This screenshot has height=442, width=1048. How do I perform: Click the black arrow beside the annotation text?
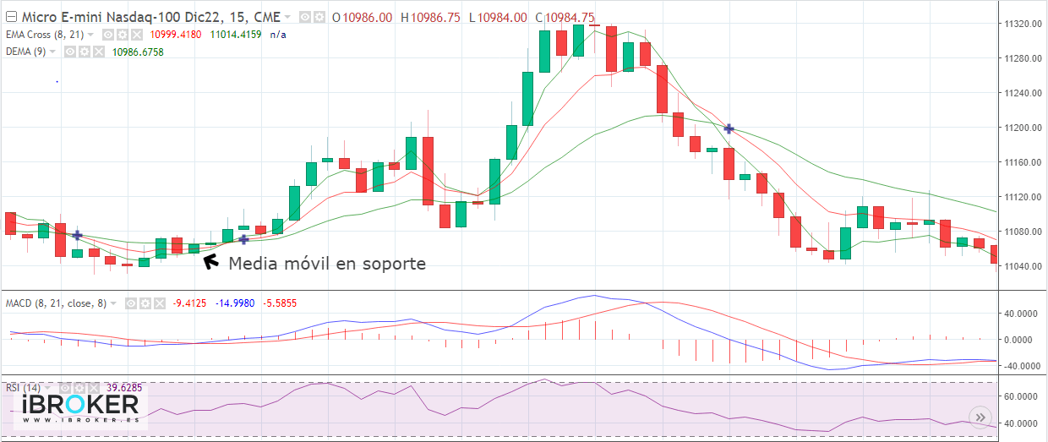click(x=208, y=261)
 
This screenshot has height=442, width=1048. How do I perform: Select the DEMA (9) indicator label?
click(x=26, y=52)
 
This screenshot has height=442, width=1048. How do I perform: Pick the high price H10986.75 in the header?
click(x=430, y=18)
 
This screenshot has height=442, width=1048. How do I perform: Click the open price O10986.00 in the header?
click(x=363, y=18)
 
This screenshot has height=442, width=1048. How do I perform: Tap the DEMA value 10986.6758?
click(x=138, y=52)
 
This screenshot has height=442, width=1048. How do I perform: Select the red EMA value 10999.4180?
click(x=176, y=35)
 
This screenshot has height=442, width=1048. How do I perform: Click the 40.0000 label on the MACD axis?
click(x=1020, y=314)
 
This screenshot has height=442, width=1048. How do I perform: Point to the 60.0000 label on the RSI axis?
click(x=1020, y=396)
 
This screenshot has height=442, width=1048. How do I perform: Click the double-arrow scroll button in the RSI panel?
click(x=980, y=417)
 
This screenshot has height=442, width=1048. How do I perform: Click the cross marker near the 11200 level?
click(x=729, y=128)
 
